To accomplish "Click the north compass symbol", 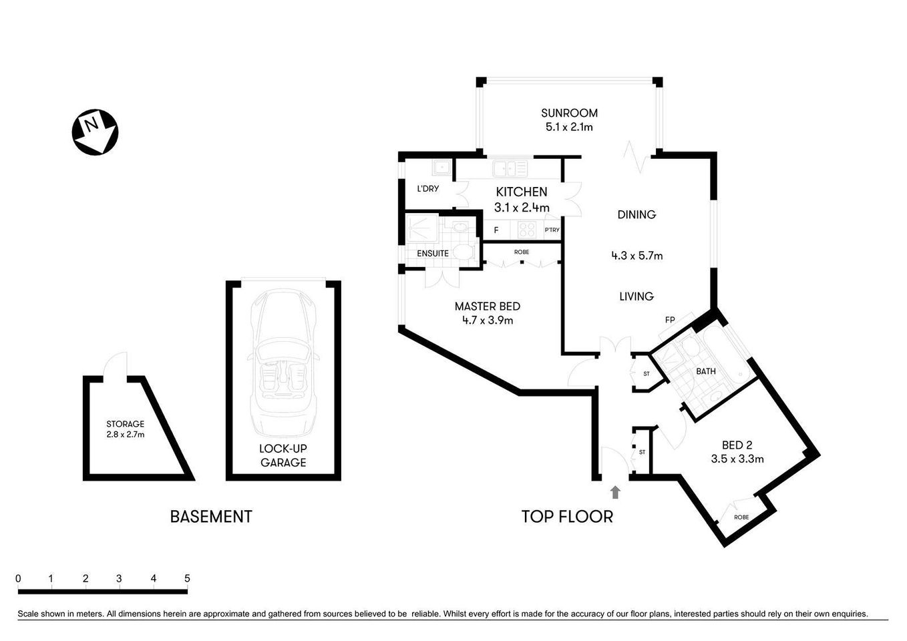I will click(x=95, y=132).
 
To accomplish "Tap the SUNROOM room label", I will click(x=569, y=114).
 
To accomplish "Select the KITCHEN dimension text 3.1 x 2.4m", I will click(x=522, y=208).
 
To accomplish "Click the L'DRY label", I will click(x=427, y=189).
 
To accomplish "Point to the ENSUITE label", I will click(x=433, y=254).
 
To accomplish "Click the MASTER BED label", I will click(x=487, y=306).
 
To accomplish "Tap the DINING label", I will click(x=636, y=215).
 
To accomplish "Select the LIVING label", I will click(x=636, y=296).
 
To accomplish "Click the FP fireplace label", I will click(x=669, y=320).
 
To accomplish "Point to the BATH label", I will click(x=705, y=371).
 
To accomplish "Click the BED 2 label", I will click(x=737, y=445).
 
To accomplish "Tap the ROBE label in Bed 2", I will click(x=741, y=517).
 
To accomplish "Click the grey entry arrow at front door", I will click(x=615, y=493).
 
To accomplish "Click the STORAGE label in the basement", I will click(x=125, y=424).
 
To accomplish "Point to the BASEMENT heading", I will click(x=211, y=517).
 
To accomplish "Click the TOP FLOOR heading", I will click(x=567, y=517).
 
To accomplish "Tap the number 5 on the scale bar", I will click(x=187, y=578).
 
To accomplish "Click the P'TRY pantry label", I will click(x=552, y=230).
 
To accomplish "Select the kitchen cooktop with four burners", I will click(x=527, y=230).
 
